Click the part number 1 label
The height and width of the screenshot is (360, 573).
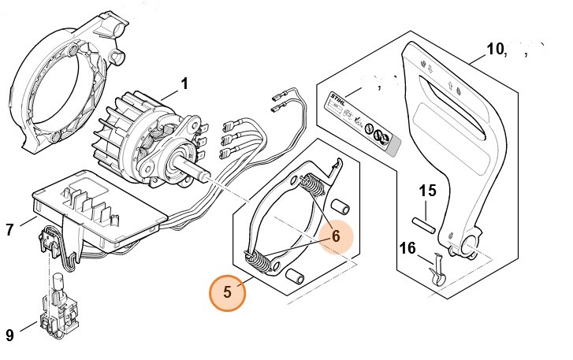point(184,82)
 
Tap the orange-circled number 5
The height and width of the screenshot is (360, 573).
point(227,292)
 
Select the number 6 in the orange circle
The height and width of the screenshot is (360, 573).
point(335,236)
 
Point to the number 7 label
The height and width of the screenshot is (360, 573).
point(9,230)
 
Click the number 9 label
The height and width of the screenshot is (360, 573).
point(9,335)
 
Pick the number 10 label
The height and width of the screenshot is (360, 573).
point(496,49)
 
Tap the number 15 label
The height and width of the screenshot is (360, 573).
point(426,191)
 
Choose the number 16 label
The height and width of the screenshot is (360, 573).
point(407,249)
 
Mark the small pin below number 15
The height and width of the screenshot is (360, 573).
point(426,221)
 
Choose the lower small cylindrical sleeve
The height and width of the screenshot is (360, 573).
point(296,276)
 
